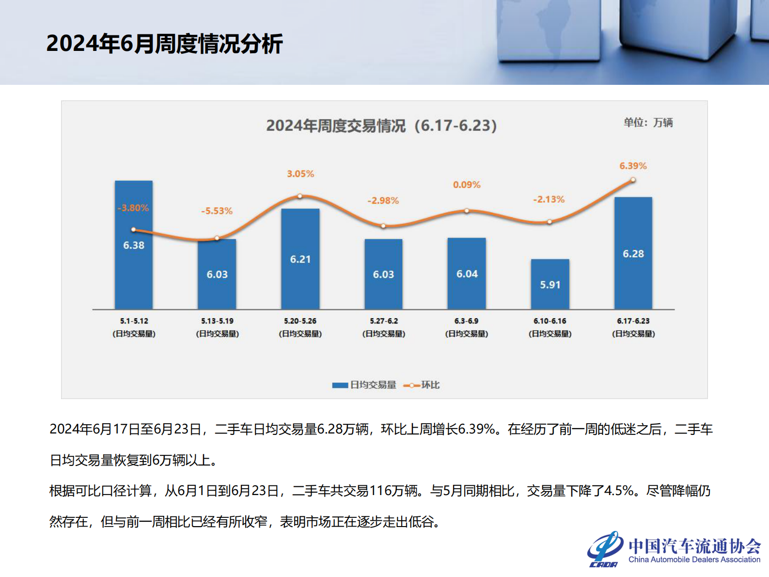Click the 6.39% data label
pos(633,166)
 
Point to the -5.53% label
pos(217,211)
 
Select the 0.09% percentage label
pos(467,185)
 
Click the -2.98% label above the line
pos(383,200)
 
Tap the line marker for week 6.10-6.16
pos(549,222)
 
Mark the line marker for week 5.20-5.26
pos(300,196)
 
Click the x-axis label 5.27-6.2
pos(384,321)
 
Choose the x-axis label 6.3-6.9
pos(467,321)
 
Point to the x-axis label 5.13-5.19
pos(217,321)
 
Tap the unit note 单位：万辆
pos(648,123)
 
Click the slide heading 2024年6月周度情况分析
pos(164,44)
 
